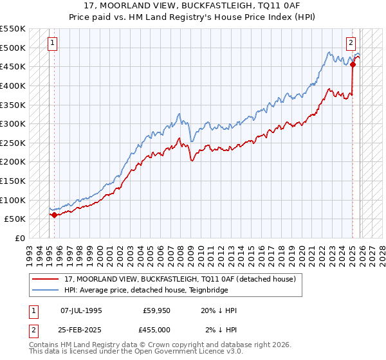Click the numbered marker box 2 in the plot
click(351, 43)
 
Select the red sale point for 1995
click(54, 215)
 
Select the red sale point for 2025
click(353, 64)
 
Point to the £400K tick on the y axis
click(13, 85)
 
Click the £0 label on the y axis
click(19, 239)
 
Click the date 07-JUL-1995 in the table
click(81, 310)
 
